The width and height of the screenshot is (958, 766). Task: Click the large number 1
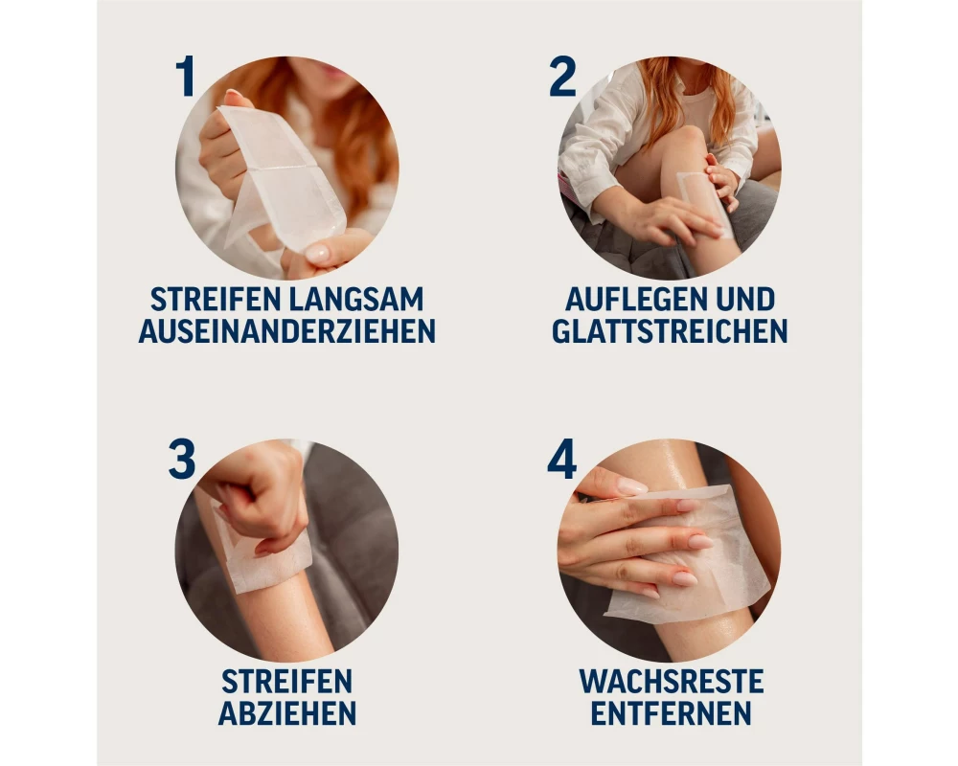[186, 76]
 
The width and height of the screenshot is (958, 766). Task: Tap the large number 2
[562, 76]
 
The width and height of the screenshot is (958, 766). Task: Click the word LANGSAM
[356, 300]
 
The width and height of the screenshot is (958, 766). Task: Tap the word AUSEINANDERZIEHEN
[287, 331]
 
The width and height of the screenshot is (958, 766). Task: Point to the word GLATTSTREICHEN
[670, 331]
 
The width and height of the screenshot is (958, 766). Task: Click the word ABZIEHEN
[287, 712]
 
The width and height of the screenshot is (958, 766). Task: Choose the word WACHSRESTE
[671, 681]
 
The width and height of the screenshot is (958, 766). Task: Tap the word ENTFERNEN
[671, 712]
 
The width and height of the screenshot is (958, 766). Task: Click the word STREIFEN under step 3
[287, 681]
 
